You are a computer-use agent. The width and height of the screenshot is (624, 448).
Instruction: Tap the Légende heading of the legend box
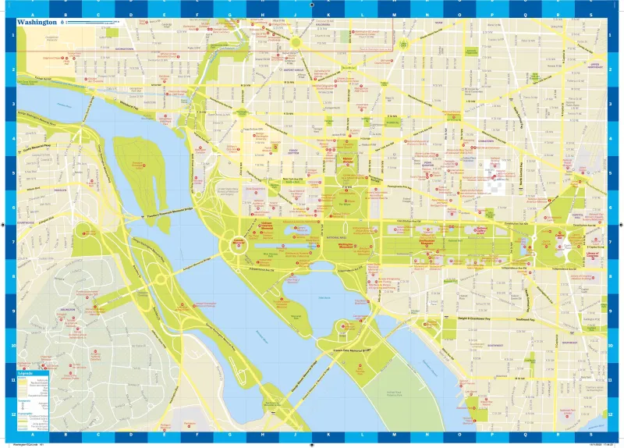coord(26,375)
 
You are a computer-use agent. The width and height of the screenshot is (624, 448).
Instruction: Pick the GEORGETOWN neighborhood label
coord(125,48)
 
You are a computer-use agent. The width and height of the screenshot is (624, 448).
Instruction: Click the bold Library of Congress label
coord(595,255)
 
